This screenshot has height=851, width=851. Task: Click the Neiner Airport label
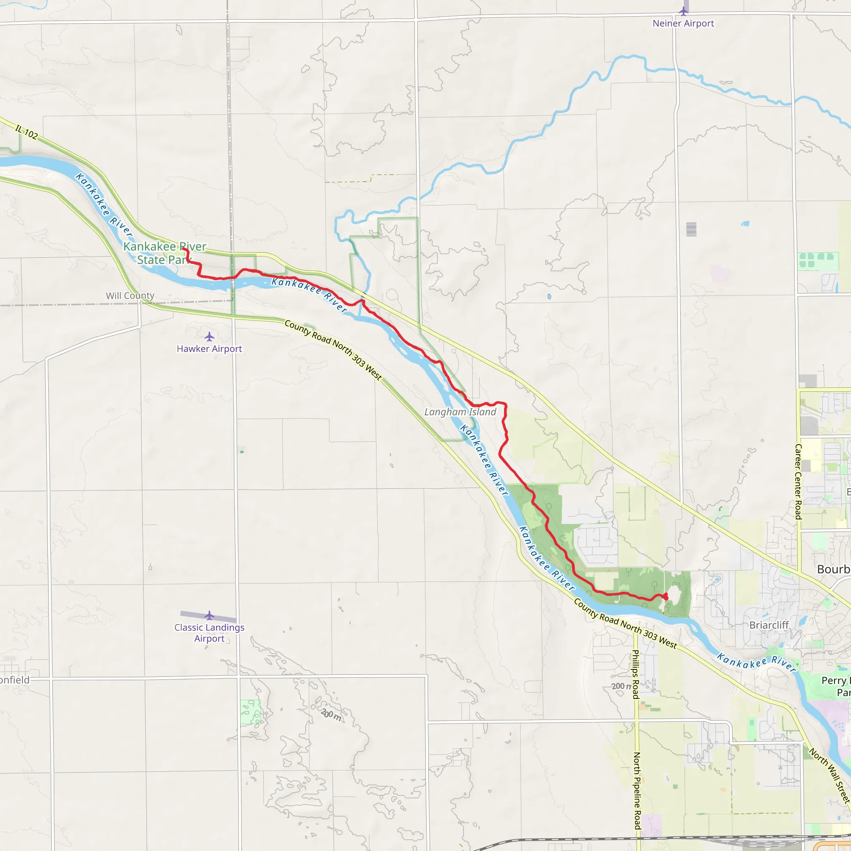683,23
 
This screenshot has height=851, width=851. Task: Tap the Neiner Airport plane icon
683,10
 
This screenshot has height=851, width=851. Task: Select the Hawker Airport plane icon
209,337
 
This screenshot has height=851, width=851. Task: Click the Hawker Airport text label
209,349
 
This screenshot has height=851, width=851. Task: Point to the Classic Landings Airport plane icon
209,615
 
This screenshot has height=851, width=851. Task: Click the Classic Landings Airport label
209,633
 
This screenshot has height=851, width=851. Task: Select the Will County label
130,295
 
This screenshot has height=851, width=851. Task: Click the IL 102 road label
27,132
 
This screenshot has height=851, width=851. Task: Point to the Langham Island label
460,412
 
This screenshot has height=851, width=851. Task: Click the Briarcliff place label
769,625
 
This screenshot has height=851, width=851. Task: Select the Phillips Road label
636,674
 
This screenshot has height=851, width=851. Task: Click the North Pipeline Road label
637,791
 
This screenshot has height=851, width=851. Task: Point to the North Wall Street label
829,775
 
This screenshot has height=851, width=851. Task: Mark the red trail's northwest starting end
183,249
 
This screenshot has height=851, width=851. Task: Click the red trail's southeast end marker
665,596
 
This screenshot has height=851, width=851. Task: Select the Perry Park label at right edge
836,686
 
